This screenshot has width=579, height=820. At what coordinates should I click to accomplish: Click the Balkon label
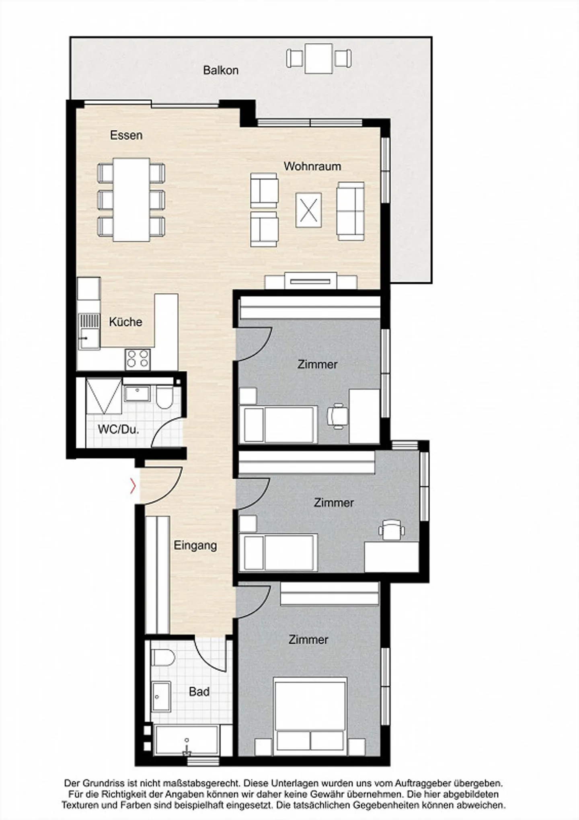click(220, 70)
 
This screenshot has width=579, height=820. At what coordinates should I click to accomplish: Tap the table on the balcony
click(318, 59)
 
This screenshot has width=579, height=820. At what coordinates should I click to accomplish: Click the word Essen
click(126, 135)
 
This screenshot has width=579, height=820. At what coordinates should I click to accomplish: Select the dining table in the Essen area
click(131, 200)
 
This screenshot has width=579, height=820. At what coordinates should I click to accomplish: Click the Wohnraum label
click(312, 166)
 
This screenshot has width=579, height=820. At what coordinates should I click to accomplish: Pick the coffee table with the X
click(308, 210)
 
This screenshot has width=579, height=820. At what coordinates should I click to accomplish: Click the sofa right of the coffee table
click(351, 211)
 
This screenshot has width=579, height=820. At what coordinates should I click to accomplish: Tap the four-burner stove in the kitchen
click(138, 359)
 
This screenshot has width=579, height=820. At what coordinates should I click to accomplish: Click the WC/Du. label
click(118, 429)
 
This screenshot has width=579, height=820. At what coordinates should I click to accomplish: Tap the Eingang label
click(195, 545)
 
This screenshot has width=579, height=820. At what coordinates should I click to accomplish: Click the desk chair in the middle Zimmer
click(391, 530)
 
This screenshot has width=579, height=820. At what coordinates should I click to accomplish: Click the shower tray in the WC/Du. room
click(103, 396)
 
